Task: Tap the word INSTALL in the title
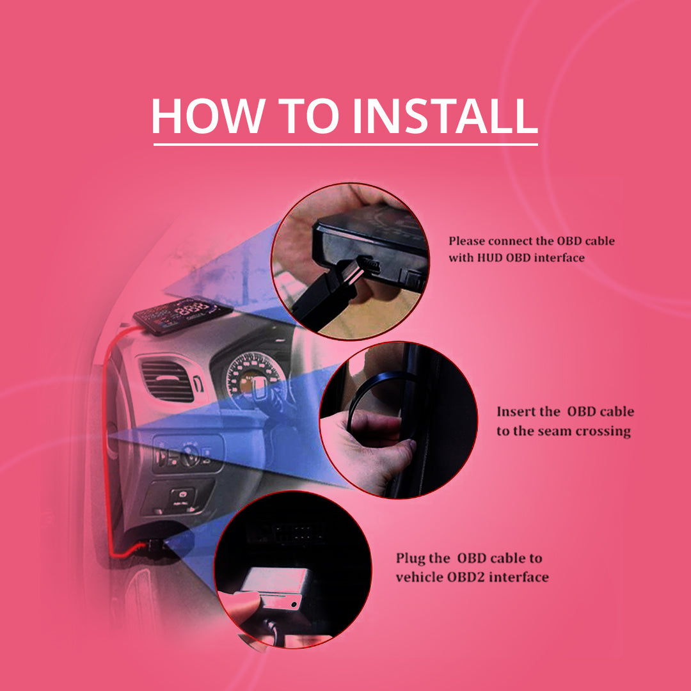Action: [x=445, y=115]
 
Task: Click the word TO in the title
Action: [x=309, y=115]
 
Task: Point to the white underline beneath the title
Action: [x=345, y=144]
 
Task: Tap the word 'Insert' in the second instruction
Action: [x=515, y=411]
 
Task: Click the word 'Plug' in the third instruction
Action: [x=410, y=559]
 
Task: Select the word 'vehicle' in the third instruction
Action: [x=418, y=577]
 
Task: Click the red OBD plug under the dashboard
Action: [x=154, y=546]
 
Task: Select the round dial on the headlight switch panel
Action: [x=190, y=455]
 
